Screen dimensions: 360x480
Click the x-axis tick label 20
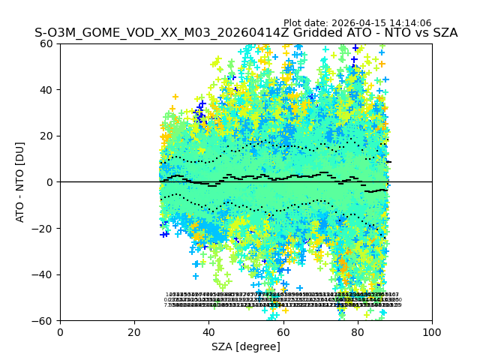(134, 331)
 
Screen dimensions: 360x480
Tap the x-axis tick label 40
(208, 331)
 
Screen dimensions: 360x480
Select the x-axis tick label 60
(283, 331)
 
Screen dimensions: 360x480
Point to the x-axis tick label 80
(358, 331)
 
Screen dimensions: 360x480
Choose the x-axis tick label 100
(432, 331)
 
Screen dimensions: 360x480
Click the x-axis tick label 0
(60, 331)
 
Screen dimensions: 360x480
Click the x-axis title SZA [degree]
(246, 346)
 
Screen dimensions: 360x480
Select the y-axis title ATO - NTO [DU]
(22, 182)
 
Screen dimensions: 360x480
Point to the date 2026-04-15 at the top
(367, 23)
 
